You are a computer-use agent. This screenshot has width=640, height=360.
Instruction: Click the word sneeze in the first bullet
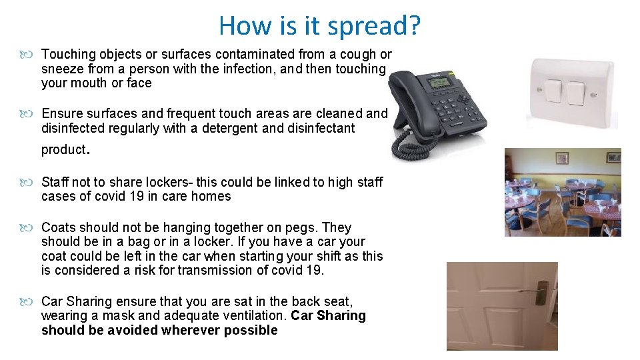(61, 69)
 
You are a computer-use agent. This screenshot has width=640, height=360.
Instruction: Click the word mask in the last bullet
(117, 315)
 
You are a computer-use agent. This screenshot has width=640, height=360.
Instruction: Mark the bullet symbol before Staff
(32, 182)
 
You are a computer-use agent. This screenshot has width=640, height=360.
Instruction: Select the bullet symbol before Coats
(32, 227)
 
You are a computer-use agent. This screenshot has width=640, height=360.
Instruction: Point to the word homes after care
(213, 196)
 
